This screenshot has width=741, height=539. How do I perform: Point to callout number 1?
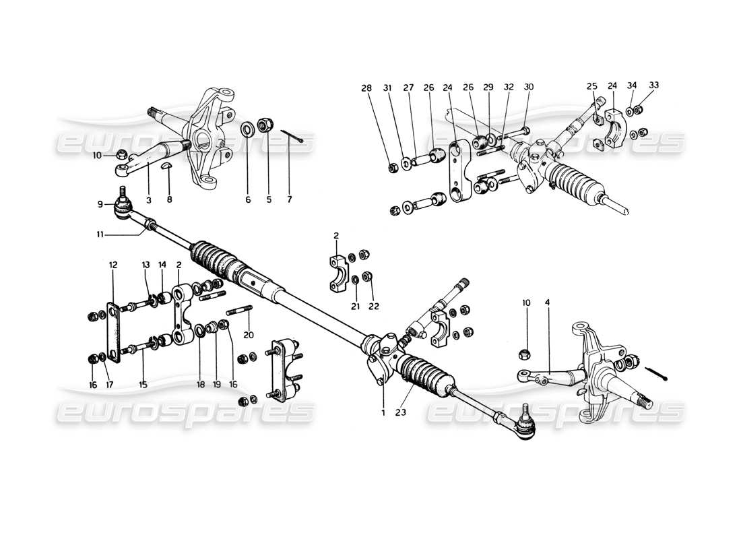tap(383, 412)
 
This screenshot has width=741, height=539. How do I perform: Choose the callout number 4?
tap(548, 303)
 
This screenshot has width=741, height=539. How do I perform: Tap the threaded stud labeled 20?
tap(243, 311)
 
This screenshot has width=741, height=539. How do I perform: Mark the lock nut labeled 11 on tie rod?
tap(152, 224)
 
